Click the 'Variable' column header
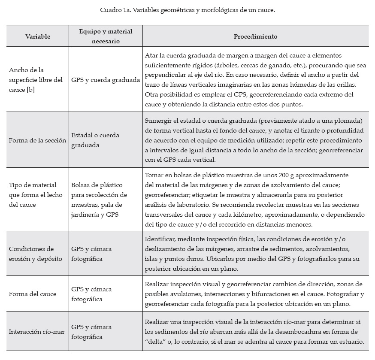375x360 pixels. click(x=37, y=36)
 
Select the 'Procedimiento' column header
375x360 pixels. click(x=255, y=36)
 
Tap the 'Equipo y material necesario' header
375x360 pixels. click(x=106, y=36)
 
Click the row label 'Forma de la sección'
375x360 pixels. click(x=37, y=140)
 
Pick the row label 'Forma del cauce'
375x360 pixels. click(x=33, y=294)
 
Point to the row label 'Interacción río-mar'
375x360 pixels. click(x=36, y=332)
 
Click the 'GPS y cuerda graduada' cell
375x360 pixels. click(x=106, y=80)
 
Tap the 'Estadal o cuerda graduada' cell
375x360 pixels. click(x=95, y=140)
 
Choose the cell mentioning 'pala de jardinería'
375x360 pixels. click(x=97, y=205)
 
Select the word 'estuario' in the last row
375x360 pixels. click(x=351, y=342)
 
